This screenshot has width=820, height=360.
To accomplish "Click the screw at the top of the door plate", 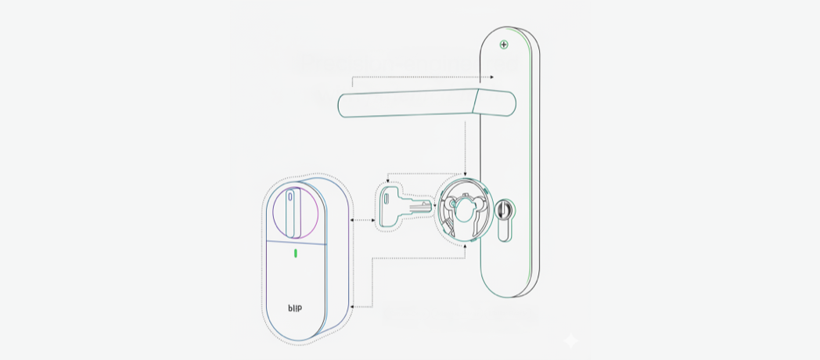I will [504, 44].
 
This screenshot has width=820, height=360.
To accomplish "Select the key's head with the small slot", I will [391, 205].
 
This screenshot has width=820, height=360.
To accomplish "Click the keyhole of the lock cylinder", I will [505, 211].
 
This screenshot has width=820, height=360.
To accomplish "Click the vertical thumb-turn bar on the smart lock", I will [292, 212].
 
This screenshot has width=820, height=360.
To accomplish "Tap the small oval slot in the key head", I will [387, 201].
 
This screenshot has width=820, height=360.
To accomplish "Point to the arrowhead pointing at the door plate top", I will [491, 77].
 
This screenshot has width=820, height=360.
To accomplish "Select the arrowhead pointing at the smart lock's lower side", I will [353, 307].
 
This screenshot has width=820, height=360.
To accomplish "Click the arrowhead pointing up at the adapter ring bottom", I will [466, 245].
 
